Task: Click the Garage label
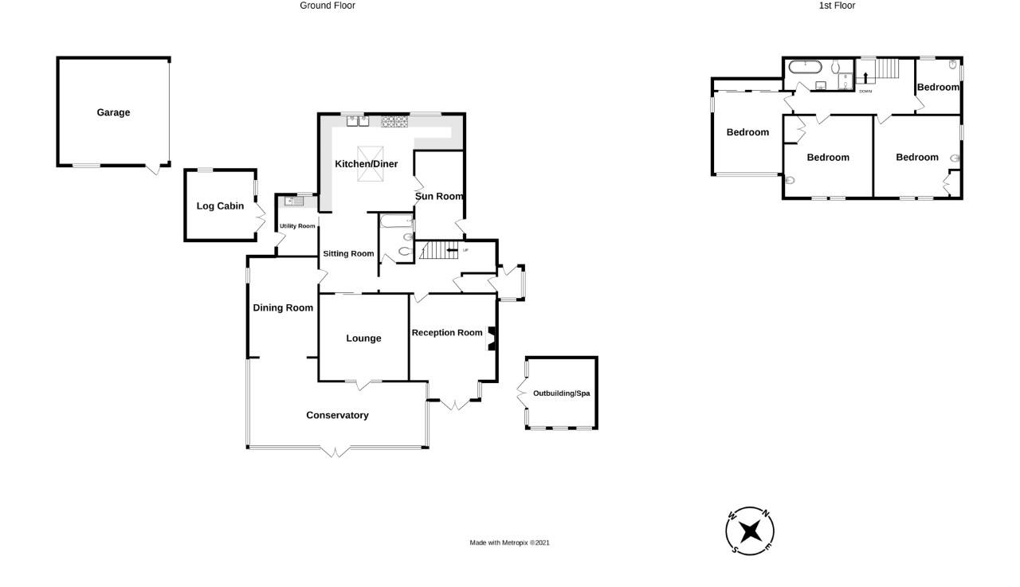113,112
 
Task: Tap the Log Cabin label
220,206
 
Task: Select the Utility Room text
297,226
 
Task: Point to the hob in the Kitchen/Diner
394,122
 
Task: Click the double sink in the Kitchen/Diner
358,121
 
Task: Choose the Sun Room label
439,196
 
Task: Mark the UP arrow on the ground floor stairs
452,250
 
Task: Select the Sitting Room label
348,254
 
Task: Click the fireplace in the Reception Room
492,339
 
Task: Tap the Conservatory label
337,415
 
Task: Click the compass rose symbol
750,530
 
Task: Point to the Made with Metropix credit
509,543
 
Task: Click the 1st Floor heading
837,6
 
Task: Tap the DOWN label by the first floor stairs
865,92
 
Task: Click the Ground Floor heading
328,6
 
